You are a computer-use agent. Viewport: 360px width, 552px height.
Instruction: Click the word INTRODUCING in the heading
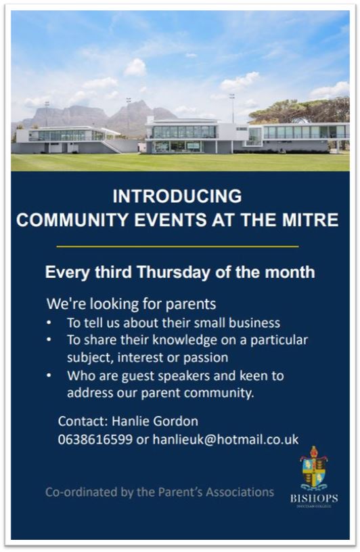[177, 196]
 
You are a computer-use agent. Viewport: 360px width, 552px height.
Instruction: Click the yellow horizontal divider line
[177, 247]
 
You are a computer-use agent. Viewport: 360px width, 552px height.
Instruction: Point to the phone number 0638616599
[95, 439]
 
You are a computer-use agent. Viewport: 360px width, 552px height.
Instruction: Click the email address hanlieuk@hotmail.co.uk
[226, 439]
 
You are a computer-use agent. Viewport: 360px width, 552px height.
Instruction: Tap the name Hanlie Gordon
[155, 421]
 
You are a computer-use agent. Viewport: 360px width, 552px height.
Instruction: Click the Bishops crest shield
[314, 469]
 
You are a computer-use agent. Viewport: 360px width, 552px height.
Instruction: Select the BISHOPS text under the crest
[314, 498]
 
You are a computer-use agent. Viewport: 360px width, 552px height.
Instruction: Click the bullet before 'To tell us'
[49, 322]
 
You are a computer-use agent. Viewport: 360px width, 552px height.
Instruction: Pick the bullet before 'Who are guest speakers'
[49, 376]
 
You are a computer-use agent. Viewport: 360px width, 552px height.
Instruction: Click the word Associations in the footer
[240, 492]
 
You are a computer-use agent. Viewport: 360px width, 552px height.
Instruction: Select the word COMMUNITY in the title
[72, 219]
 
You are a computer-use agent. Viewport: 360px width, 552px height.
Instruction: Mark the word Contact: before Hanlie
[83, 421]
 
